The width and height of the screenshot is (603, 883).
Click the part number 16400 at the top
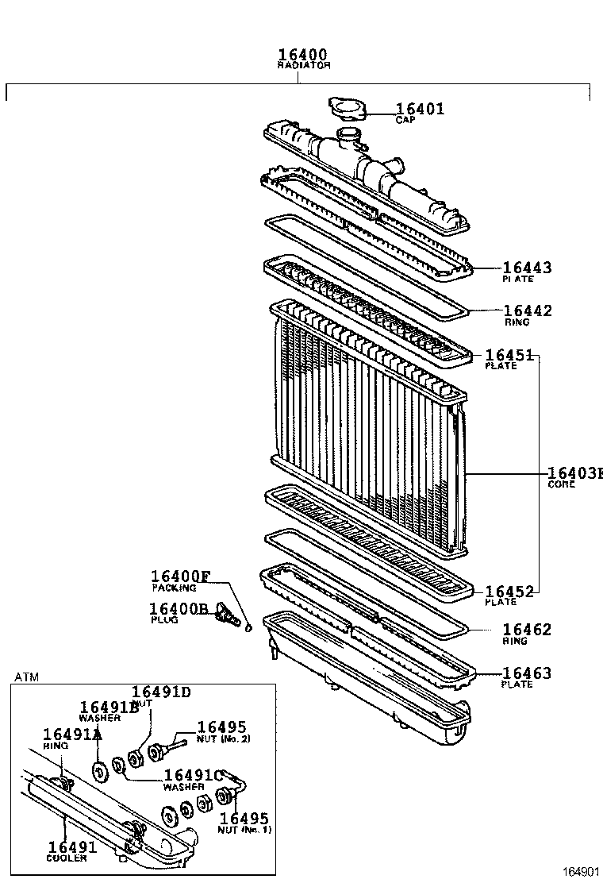click(303, 55)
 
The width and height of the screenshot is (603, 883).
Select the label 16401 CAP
click(420, 110)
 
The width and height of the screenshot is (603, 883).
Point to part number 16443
click(526, 268)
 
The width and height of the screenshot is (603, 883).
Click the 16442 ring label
click(528, 311)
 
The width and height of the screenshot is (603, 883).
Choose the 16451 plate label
click(508, 356)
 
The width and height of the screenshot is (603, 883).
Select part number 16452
click(508, 592)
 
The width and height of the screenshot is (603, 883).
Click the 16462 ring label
click(527, 630)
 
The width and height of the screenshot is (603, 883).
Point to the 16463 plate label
click(527, 674)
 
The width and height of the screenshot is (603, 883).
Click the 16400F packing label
click(181, 577)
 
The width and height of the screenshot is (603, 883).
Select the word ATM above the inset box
click(27, 677)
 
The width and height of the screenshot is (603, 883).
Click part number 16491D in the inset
click(161, 692)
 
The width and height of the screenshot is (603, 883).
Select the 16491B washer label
click(109, 708)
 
